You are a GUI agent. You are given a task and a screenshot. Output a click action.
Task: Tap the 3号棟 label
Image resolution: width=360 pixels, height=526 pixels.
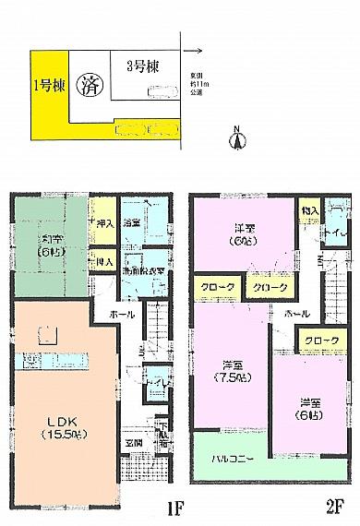tap(133, 66)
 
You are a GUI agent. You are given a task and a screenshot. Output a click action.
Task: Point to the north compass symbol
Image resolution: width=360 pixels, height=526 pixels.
tap(236, 139)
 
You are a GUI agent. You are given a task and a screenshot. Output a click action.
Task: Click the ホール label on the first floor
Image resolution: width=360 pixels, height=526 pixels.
tap(118, 314)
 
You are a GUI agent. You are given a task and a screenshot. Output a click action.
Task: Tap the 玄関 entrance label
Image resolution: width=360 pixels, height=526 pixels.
tap(134, 441)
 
